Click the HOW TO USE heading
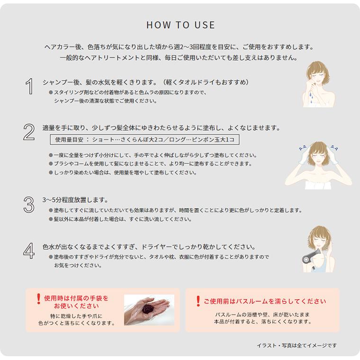point(180,25)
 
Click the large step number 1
point(29,87)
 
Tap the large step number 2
point(29,133)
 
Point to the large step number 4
point(29,251)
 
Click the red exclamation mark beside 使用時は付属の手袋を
point(38,299)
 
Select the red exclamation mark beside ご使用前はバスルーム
point(198,301)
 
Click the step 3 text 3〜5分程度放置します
point(75,200)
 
